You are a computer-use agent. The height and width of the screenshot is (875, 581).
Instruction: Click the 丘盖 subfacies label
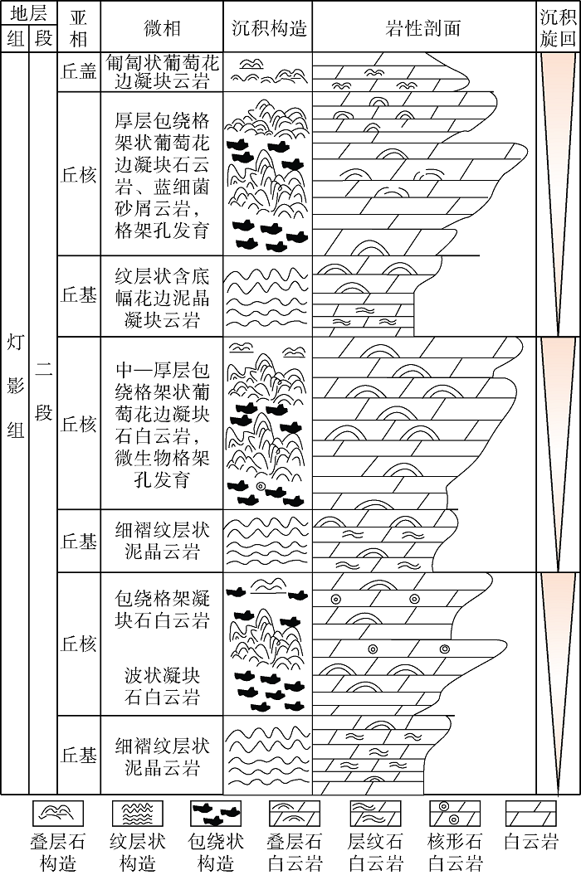pos(79,71)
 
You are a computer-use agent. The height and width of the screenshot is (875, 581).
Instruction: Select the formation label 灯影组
pos(16,386)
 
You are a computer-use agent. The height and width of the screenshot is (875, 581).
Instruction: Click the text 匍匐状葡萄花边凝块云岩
pos(162,71)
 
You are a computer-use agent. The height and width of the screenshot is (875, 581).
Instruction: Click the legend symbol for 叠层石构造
pos(58,814)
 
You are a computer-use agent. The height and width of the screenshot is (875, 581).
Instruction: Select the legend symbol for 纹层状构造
pos(137,814)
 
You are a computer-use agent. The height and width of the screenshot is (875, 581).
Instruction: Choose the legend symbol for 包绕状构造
pos(216,814)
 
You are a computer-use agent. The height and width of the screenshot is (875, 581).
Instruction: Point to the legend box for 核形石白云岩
pos(454,814)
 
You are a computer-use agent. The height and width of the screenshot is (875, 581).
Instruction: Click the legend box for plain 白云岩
pos(530,814)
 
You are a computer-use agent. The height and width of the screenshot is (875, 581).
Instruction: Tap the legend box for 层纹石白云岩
pos(375,814)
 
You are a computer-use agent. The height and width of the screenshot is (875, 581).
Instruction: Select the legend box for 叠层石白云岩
pos(295,814)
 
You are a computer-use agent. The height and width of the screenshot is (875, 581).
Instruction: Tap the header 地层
pos(28,14)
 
